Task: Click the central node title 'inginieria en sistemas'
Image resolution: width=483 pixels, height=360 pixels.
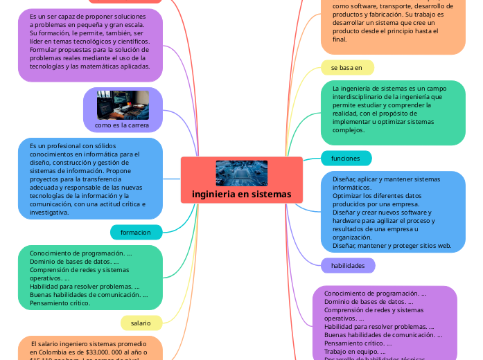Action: pyautogui.click(x=241, y=194)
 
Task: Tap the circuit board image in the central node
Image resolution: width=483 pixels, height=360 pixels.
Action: pyautogui.click(x=241, y=173)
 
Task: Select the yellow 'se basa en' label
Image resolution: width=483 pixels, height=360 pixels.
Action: pyautogui.click(x=347, y=67)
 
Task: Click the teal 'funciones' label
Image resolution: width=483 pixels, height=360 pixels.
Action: pyautogui.click(x=346, y=159)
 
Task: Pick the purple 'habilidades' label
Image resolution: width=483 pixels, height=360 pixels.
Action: pyautogui.click(x=348, y=266)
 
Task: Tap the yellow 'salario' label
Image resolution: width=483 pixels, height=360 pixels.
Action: pyautogui.click(x=141, y=323)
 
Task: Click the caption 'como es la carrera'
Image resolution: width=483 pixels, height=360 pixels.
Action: pyautogui.click(x=122, y=125)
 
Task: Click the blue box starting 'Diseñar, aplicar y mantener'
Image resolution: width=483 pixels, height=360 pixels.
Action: pyautogui.click(x=393, y=212)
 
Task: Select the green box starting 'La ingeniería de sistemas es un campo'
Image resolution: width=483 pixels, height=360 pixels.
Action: pyautogui.click(x=393, y=113)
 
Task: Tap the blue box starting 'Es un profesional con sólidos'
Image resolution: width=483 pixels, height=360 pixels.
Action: pyautogui.click(x=90, y=179)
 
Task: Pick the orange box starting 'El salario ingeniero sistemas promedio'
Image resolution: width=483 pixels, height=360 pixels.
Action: pyautogui.click(x=90, y=348)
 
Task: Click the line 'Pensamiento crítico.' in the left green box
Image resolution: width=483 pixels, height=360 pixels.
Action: pyautogui.click(x=60, y=303)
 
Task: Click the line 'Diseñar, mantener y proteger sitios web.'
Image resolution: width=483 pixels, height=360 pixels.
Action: pyautogui.click(x=392, y=246)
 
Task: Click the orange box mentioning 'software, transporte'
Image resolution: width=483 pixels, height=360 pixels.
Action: pyautogui.click(x=393, y=24)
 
